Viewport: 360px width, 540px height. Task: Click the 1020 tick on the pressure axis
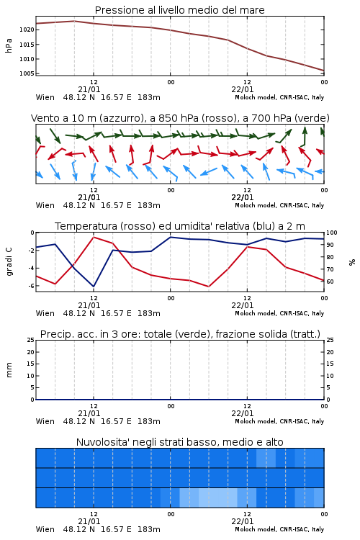point(27,30)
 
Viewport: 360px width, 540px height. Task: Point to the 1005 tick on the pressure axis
point(27,73)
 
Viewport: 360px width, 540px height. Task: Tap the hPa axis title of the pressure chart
point(9,45)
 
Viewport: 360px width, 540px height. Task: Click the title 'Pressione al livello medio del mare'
point(180,10)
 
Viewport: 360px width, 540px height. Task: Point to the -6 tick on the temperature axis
point(31,286)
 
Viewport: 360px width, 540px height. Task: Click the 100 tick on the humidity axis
point(332,233)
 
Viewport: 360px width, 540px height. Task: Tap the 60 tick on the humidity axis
point(330,282)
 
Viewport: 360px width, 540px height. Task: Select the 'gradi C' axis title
point(9,262)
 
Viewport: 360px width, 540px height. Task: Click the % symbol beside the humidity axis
point(352,262)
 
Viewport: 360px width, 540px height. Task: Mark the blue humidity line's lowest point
point(94,287)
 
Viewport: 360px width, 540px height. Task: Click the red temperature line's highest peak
point(94,238)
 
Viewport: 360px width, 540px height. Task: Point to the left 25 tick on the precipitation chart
point(31,341)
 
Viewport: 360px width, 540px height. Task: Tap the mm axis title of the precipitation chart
point(9,370)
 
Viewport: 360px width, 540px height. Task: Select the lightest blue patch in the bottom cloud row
point(218,498)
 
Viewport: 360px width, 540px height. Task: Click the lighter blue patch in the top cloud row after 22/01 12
point(266,458)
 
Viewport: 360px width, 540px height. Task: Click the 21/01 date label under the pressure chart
point(89,89)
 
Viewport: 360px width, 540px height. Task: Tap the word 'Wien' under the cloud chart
point(45,529)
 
